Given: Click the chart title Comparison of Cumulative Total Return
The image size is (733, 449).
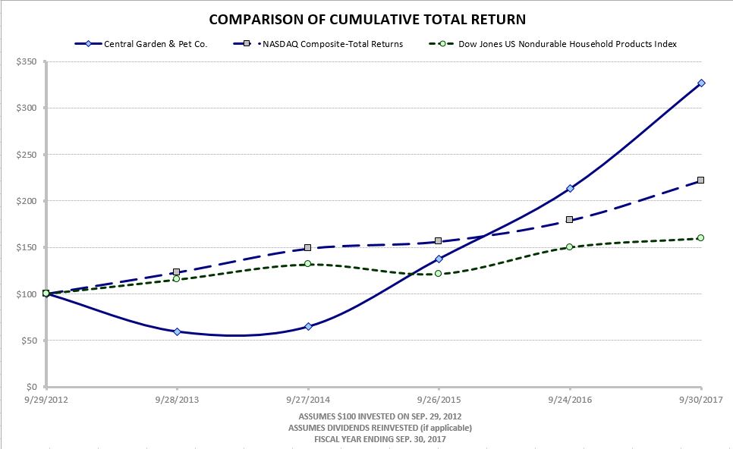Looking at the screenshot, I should tap(366, 19).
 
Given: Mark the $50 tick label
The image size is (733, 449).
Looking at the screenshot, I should tap(28, 341).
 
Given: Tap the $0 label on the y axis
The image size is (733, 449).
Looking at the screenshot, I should tap(30, 387).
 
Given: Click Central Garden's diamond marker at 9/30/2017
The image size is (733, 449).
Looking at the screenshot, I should tap(701, 83).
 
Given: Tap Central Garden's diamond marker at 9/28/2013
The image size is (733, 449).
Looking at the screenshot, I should tap(177, 331).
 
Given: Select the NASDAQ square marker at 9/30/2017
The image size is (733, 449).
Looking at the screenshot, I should tap(701, 181).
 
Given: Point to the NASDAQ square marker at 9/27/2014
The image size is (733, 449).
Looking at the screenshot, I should tap(307, 248).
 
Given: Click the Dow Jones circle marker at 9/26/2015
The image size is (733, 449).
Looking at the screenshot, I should tap(439, 273).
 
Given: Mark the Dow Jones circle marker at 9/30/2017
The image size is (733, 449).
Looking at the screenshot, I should tap(701, 237).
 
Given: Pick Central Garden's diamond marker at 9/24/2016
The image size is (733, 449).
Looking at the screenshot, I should tap(570, 188).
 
